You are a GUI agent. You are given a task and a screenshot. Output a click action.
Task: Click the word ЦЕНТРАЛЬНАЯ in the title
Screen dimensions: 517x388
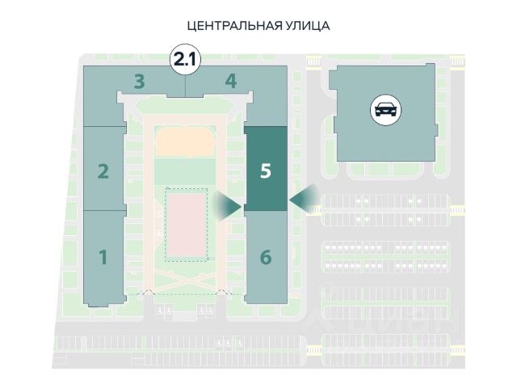click(235, 26)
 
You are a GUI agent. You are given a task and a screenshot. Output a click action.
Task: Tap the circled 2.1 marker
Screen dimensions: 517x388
click(185, 60)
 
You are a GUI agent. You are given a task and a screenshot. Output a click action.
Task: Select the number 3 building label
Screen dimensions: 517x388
click(140, 82)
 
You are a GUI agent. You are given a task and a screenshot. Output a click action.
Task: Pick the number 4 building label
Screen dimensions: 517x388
click(231, 81)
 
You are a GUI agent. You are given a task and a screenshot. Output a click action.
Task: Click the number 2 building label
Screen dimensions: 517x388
click(103, 171)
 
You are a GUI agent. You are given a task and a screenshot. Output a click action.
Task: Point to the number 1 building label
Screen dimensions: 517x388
click(103, 257)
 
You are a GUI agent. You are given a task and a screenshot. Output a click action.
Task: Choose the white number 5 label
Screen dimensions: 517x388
click(266, 171)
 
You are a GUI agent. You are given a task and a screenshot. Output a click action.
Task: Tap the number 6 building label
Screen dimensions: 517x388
click(266, 257)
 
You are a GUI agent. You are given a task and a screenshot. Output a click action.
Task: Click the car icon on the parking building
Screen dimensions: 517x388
click(386, 110)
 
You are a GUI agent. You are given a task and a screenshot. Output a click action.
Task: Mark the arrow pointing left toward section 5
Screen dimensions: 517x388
click(304, 199)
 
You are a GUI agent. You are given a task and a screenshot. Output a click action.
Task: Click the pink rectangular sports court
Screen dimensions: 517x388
click(187, 226)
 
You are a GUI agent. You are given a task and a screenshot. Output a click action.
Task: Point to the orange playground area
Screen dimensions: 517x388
click(186, 142)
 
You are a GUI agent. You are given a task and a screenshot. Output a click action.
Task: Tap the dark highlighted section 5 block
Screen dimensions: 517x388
click(266, 169)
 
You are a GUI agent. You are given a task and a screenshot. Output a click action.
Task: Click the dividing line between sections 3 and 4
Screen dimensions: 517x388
click(185, 86)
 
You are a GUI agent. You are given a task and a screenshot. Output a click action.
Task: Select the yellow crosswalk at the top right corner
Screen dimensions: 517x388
click(457, 61)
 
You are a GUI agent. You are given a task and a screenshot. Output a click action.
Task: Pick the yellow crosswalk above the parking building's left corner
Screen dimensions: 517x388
click(313, 61)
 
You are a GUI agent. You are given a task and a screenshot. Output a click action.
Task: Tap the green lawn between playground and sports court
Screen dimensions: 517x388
click(185, 171)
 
